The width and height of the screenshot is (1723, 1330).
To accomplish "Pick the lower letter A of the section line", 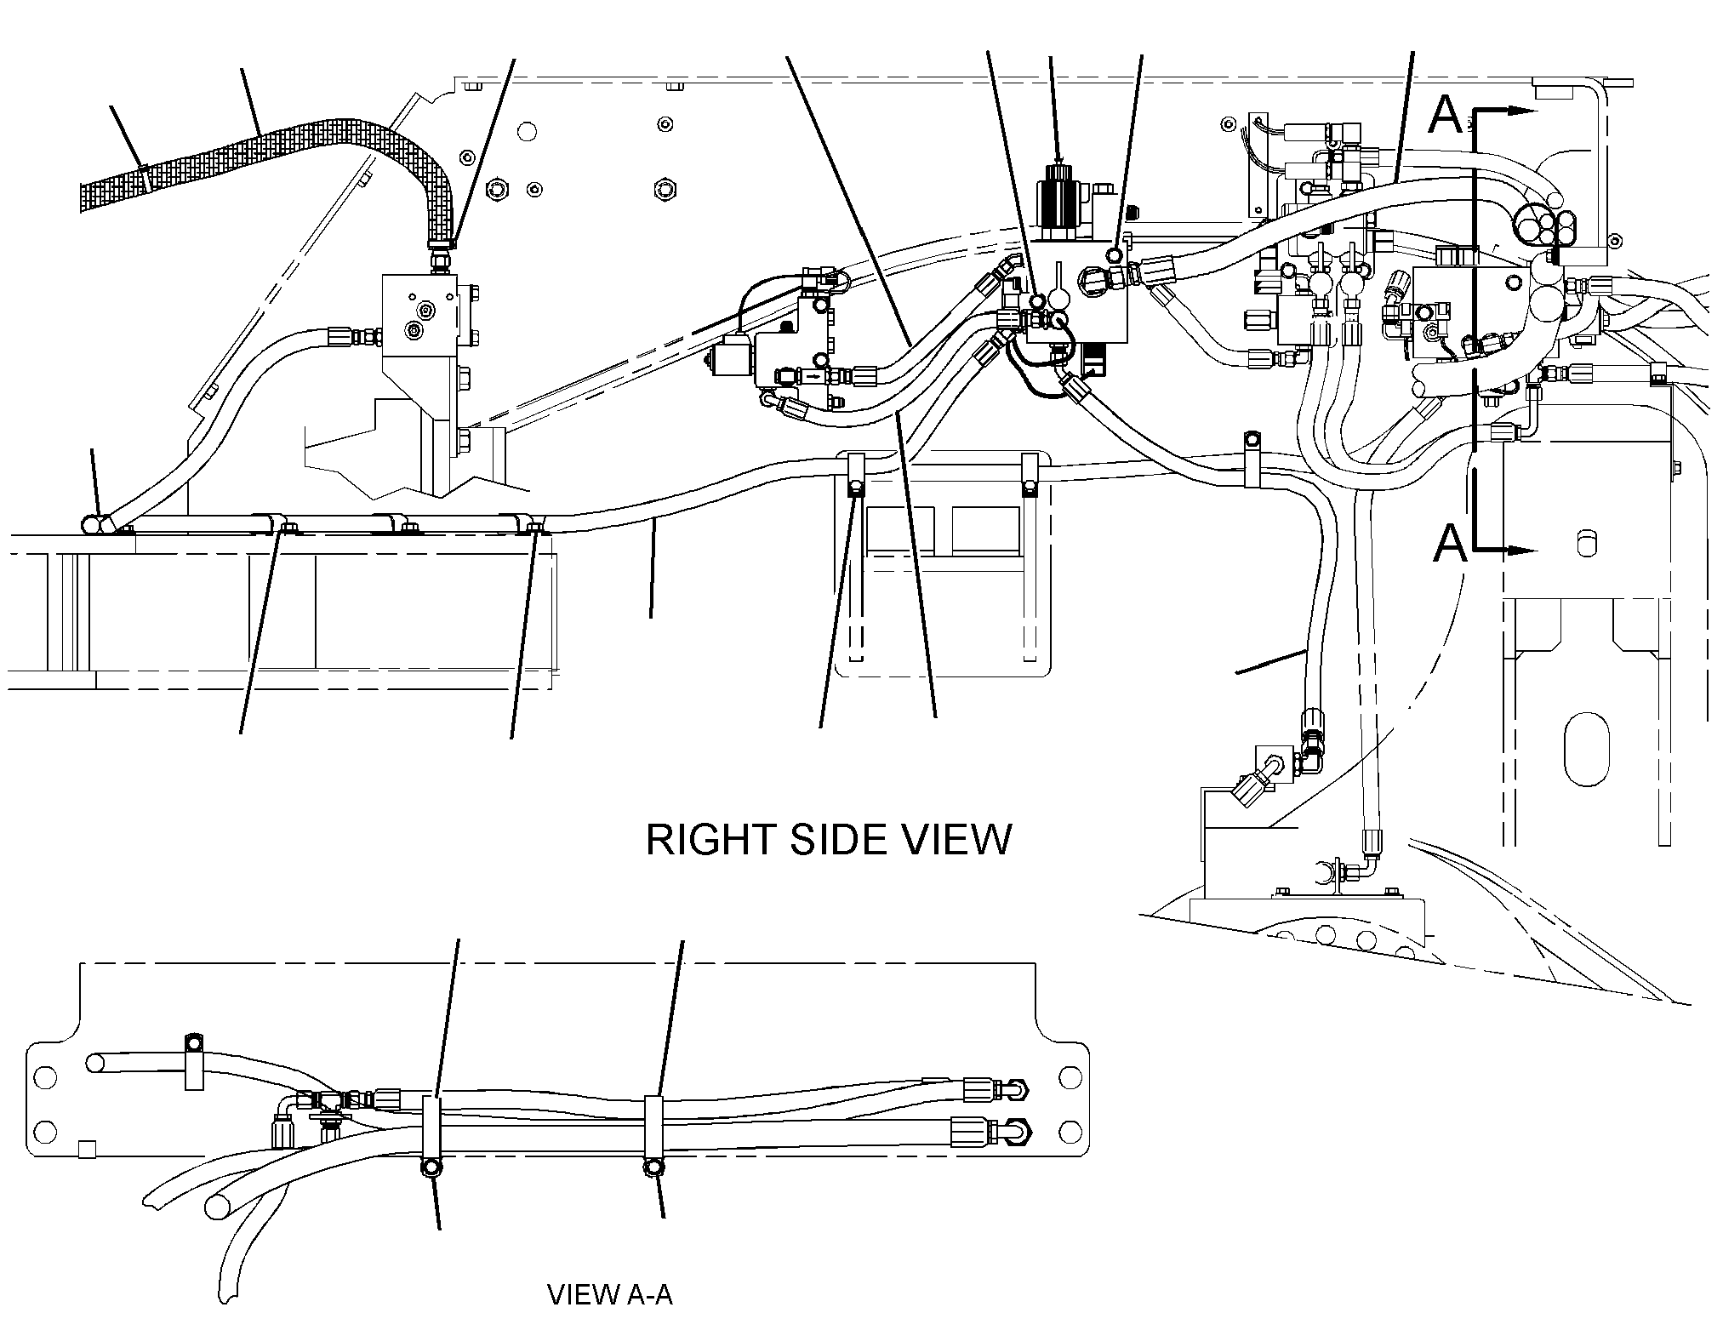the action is point(1450,543).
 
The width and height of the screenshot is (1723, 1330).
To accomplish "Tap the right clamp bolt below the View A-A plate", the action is point(653,1167).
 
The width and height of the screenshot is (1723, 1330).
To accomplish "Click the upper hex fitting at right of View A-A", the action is point(1018,1088).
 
